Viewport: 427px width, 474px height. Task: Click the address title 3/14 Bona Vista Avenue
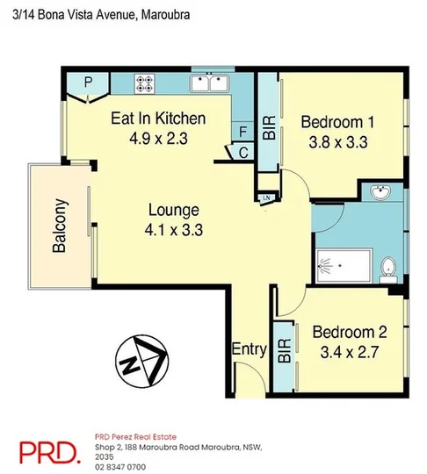tap(97, 16)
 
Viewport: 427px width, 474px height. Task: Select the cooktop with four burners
tap(145, 83)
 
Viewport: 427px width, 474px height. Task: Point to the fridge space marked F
tap(242, 133)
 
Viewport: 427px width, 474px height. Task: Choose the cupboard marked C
tap(242, 152)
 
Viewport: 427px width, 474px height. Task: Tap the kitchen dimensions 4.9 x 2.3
tap(158, 138)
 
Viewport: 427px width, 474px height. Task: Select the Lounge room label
tap(173, 210)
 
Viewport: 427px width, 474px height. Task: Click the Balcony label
tap(60, 224)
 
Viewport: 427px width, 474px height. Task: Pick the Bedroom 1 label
tap(337, 121)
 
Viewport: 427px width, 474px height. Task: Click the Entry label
tap(249, 349)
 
